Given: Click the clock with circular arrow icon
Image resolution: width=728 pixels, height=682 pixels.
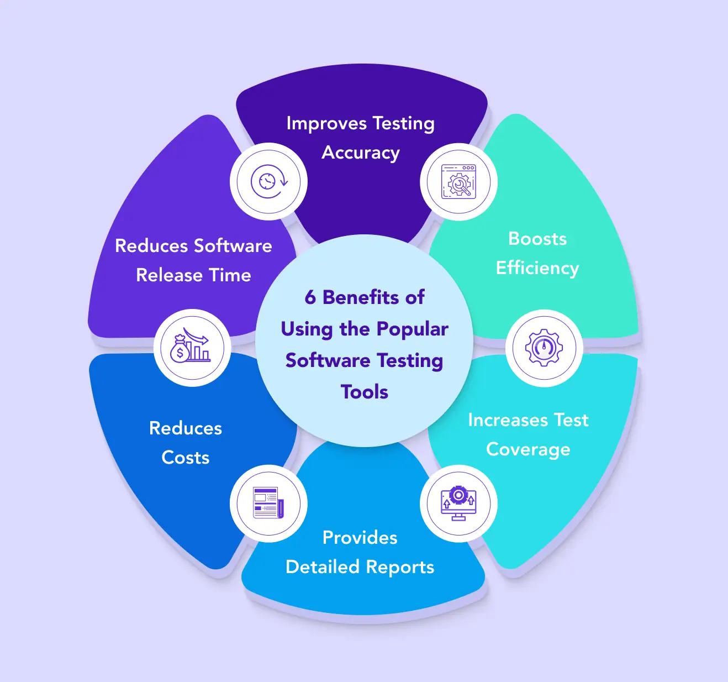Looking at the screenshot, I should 268,181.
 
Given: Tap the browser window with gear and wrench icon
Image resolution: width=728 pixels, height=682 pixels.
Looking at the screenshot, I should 458,182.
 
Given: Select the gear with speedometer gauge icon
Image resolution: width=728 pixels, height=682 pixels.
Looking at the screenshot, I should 544,348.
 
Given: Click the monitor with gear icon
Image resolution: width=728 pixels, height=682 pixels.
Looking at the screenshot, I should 458,503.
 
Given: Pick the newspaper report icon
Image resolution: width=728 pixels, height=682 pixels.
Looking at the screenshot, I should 268,503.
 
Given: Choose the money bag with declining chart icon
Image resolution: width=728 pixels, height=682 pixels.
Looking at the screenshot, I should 192,347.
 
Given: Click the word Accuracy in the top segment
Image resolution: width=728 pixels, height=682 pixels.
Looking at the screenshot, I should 361,153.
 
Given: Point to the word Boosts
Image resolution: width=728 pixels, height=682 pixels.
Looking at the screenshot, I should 537,239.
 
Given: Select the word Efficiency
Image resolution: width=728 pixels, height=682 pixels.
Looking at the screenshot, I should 537,268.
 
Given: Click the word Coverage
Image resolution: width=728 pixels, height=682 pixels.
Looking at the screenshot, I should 528,449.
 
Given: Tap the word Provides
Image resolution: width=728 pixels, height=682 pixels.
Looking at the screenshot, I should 360,538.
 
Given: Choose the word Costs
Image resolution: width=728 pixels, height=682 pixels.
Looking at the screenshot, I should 186,458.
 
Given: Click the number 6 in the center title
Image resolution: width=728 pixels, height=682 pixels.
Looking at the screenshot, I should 310,297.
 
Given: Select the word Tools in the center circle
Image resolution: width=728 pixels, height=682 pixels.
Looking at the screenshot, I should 365,392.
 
